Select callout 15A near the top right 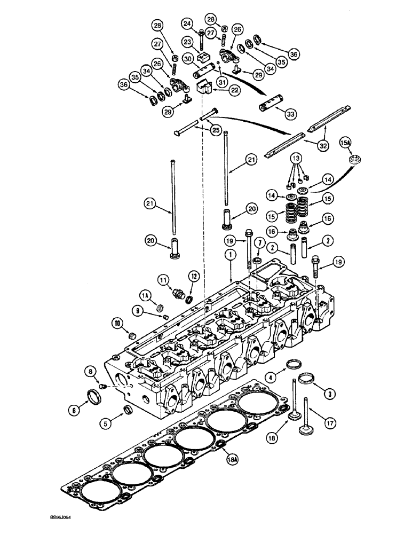(x=346, y=144)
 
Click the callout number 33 (x=291, y=113)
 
